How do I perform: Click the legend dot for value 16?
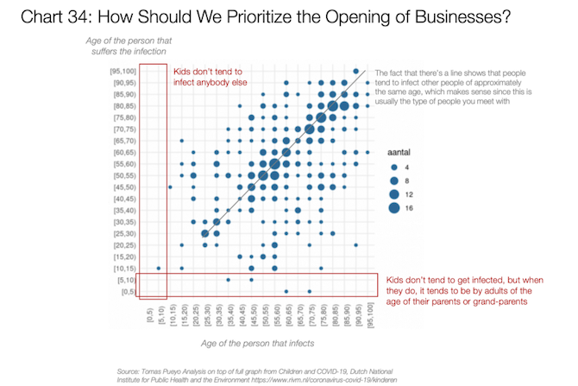tap(394, 207)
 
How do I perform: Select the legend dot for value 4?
tap(394, 168)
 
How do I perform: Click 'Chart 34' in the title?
tap(50, 17)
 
